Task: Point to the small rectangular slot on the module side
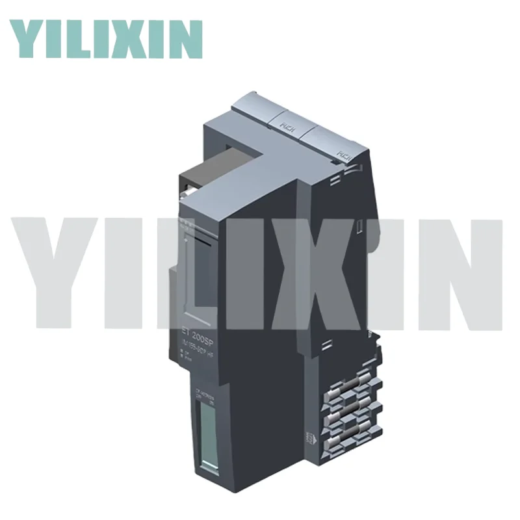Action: coord(357,226)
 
